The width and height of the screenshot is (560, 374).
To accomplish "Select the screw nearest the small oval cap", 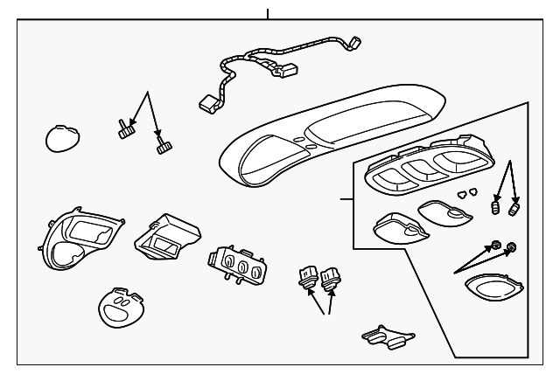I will pos(124,131).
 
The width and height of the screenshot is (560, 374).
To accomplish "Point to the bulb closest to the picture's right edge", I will pos(514,209).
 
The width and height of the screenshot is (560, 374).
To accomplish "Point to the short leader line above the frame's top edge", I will pos(268,13).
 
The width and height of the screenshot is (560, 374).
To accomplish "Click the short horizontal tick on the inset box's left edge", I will pos(346,200).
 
